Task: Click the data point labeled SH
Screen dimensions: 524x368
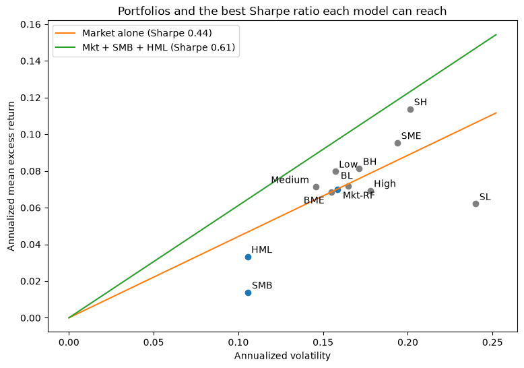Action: tap(410, 109)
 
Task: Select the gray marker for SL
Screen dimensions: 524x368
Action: tap(476, 204)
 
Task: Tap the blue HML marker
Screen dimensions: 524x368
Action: tap(248, 257)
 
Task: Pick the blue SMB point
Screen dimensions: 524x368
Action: tap(248, 293)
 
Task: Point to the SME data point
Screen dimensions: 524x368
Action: tap(397, 143)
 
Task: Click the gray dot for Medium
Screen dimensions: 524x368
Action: tap(316, 187)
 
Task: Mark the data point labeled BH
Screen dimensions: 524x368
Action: tap(359, 168)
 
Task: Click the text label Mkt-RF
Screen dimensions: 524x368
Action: tap(358, 195)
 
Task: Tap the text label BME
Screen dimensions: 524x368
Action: tap(314, 200)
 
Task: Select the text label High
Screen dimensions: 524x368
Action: tap(385, 184)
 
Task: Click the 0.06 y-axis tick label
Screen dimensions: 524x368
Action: tap(32, 208)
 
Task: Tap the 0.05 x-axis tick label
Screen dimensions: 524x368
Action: tap(154, 342)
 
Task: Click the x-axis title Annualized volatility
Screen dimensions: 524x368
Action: tap(282, 356)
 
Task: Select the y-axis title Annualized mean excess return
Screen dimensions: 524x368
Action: tap(11, 177)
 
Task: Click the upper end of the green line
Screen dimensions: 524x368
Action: tap(496, 34)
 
